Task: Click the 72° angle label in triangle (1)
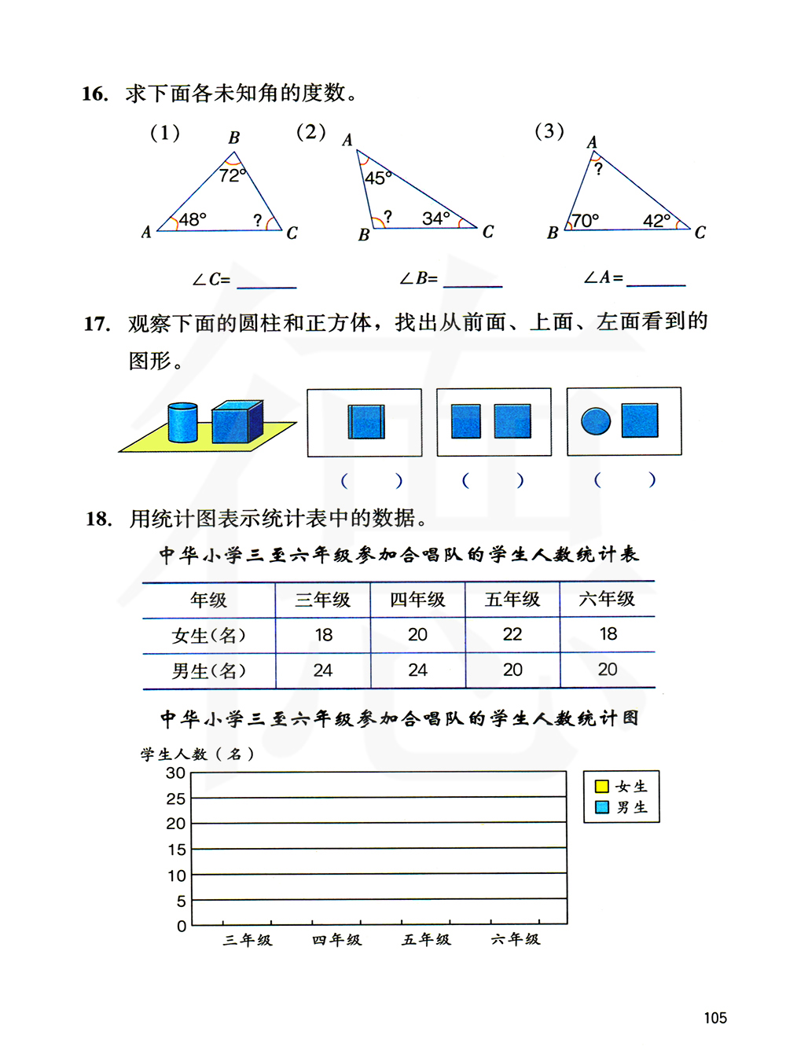[x=233, y=175]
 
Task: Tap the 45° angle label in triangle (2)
[x=378, y=178]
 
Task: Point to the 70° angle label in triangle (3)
[x=585, y=221]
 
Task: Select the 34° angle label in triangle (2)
[x=436, y=218]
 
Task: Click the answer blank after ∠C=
[x=266, y=281]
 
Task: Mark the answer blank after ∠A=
[x=656, y=278]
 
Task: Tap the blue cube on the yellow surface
[x=237, y=423]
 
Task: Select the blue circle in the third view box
[x=596, y=421]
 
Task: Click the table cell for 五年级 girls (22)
[x=512, y=634]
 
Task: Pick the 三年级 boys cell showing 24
[x=323, y=670]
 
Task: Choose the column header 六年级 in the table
[x=607, y=599]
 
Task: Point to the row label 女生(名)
[x=209, y=636]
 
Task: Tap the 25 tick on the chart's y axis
[x=176, y=799]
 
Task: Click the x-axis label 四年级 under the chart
[x=336, y=939]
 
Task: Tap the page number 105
[x=715, y=1018]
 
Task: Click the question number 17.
[x=97, y=324]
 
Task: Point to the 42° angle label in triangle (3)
[x=656, y=221]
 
